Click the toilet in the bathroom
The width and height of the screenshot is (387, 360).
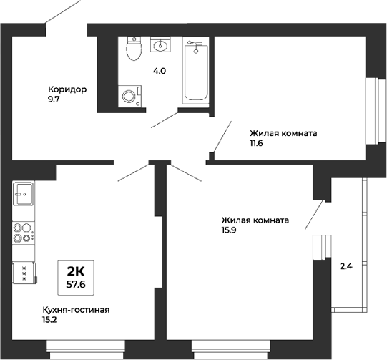[132, 49]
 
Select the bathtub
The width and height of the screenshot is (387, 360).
[195, 72]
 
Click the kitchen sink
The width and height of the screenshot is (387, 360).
[24, 193]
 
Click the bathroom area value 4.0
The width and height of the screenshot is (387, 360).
[159, 72]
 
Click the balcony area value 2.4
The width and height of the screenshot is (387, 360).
[346, 267]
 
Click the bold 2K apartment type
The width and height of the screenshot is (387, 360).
[76, 271]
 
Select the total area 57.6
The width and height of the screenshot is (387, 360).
[76, 283]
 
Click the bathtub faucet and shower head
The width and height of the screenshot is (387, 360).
[195, 47]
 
